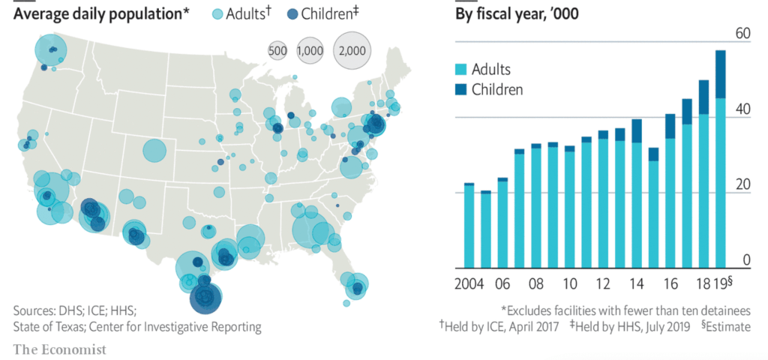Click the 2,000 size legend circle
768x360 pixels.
tap(352, 50)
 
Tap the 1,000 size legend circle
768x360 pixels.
tap(309, 50)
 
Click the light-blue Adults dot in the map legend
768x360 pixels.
tap(217, 13)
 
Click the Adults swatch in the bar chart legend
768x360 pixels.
tap(462, 70)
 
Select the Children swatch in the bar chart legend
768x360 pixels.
tap(462, 90)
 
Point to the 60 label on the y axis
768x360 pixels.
tap(742, 34)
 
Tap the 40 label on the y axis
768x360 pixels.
tap(742, 109)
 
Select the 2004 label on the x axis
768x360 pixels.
tap(469, 285)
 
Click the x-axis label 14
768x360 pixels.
tap(637, 285)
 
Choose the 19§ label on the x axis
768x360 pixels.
tap(723, 285)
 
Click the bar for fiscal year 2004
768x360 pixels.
tap(469, 225)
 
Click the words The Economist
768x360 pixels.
tap(60, 349)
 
